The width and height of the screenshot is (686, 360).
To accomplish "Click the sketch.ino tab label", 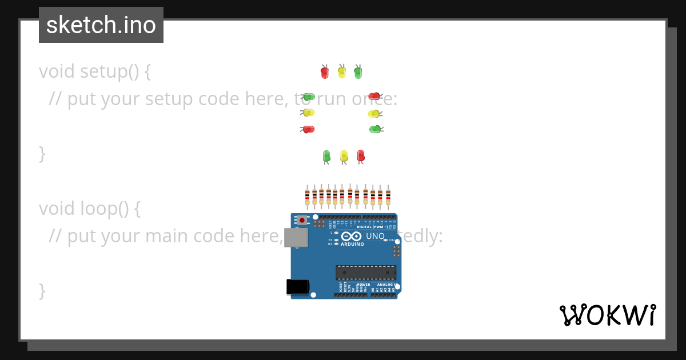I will point(101,25).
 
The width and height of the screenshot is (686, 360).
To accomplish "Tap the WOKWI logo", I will point(608,315).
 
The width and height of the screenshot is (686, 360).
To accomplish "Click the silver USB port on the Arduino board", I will point(296,238).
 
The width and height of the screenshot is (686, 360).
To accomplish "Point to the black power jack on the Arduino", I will point(297,287).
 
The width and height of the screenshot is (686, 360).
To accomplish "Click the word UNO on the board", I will point(375,236).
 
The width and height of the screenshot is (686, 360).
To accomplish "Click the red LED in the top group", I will point(325,73).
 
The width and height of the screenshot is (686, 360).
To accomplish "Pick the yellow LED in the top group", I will point(342,72).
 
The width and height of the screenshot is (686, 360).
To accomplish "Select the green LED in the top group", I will point(358,73).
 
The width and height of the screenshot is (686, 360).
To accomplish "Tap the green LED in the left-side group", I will point(309,97).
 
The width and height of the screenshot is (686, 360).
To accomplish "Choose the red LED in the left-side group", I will point(309,129).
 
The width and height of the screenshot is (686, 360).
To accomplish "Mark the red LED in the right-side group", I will point(374,96).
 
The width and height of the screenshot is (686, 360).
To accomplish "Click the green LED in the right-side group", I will point(374,129).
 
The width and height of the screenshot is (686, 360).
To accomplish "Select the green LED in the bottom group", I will point(326,155).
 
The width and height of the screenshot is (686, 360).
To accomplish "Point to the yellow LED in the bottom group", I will point(344,155).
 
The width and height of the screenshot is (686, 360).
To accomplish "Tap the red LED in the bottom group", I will point(361,155).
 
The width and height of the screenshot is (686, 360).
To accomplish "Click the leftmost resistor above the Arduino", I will point(307,197).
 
